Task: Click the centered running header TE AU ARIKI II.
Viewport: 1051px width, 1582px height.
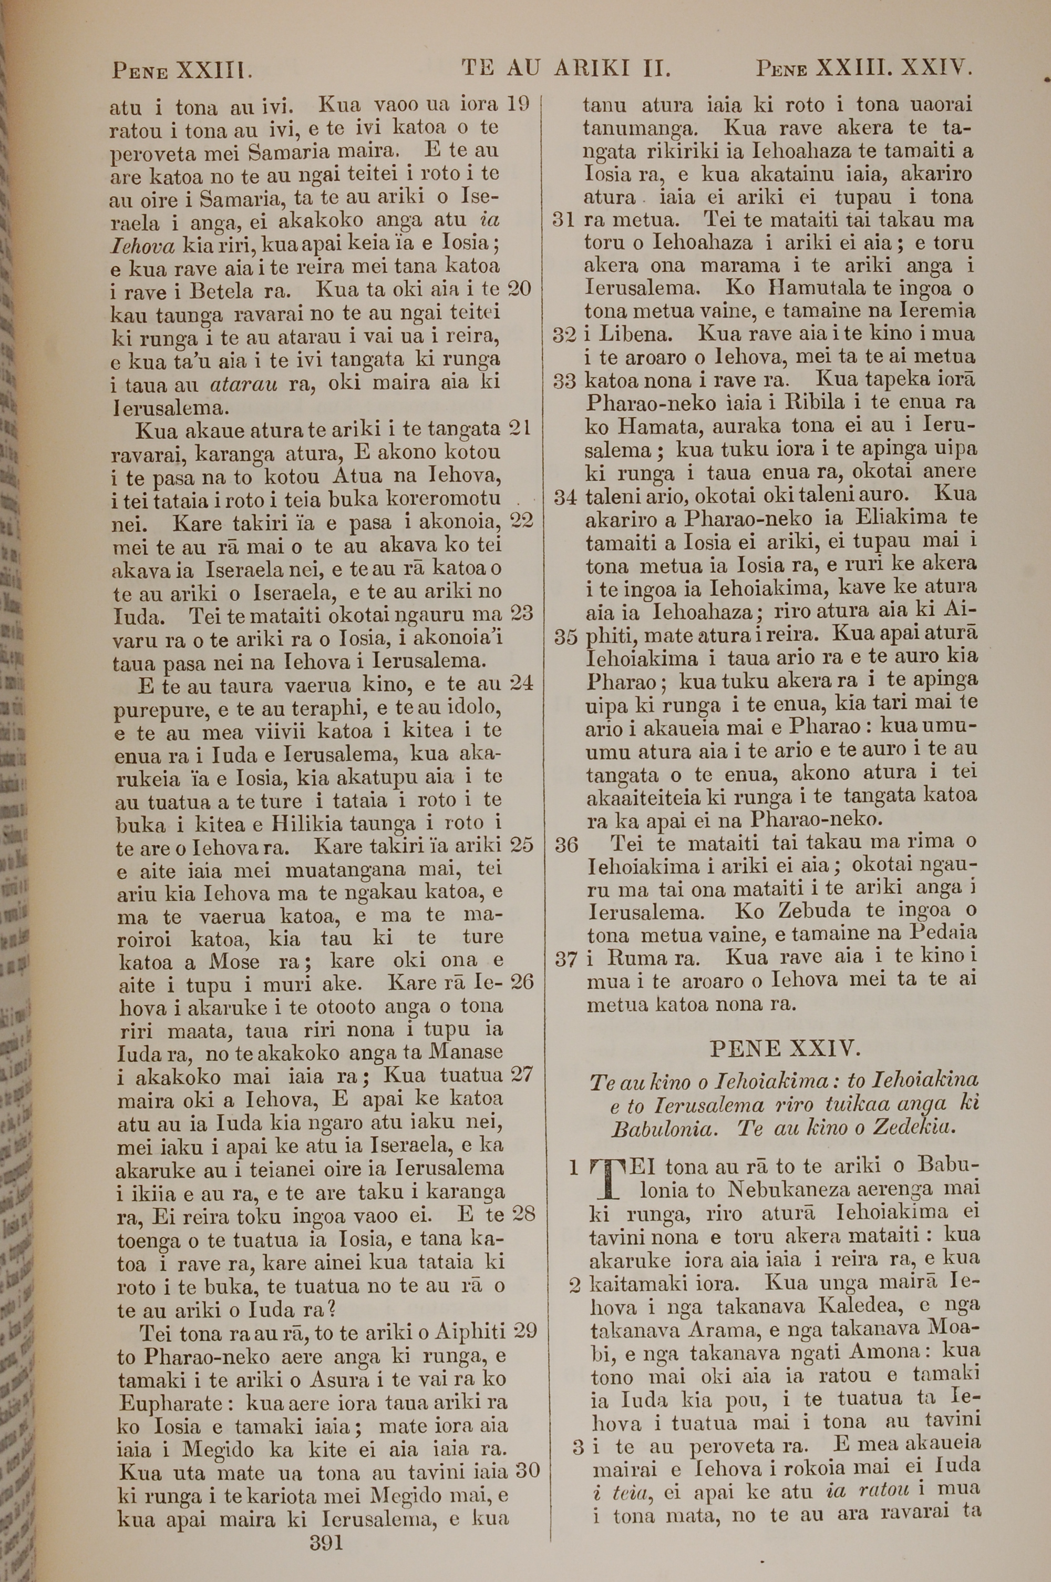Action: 566,68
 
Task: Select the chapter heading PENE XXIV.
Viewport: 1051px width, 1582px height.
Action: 784,1048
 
